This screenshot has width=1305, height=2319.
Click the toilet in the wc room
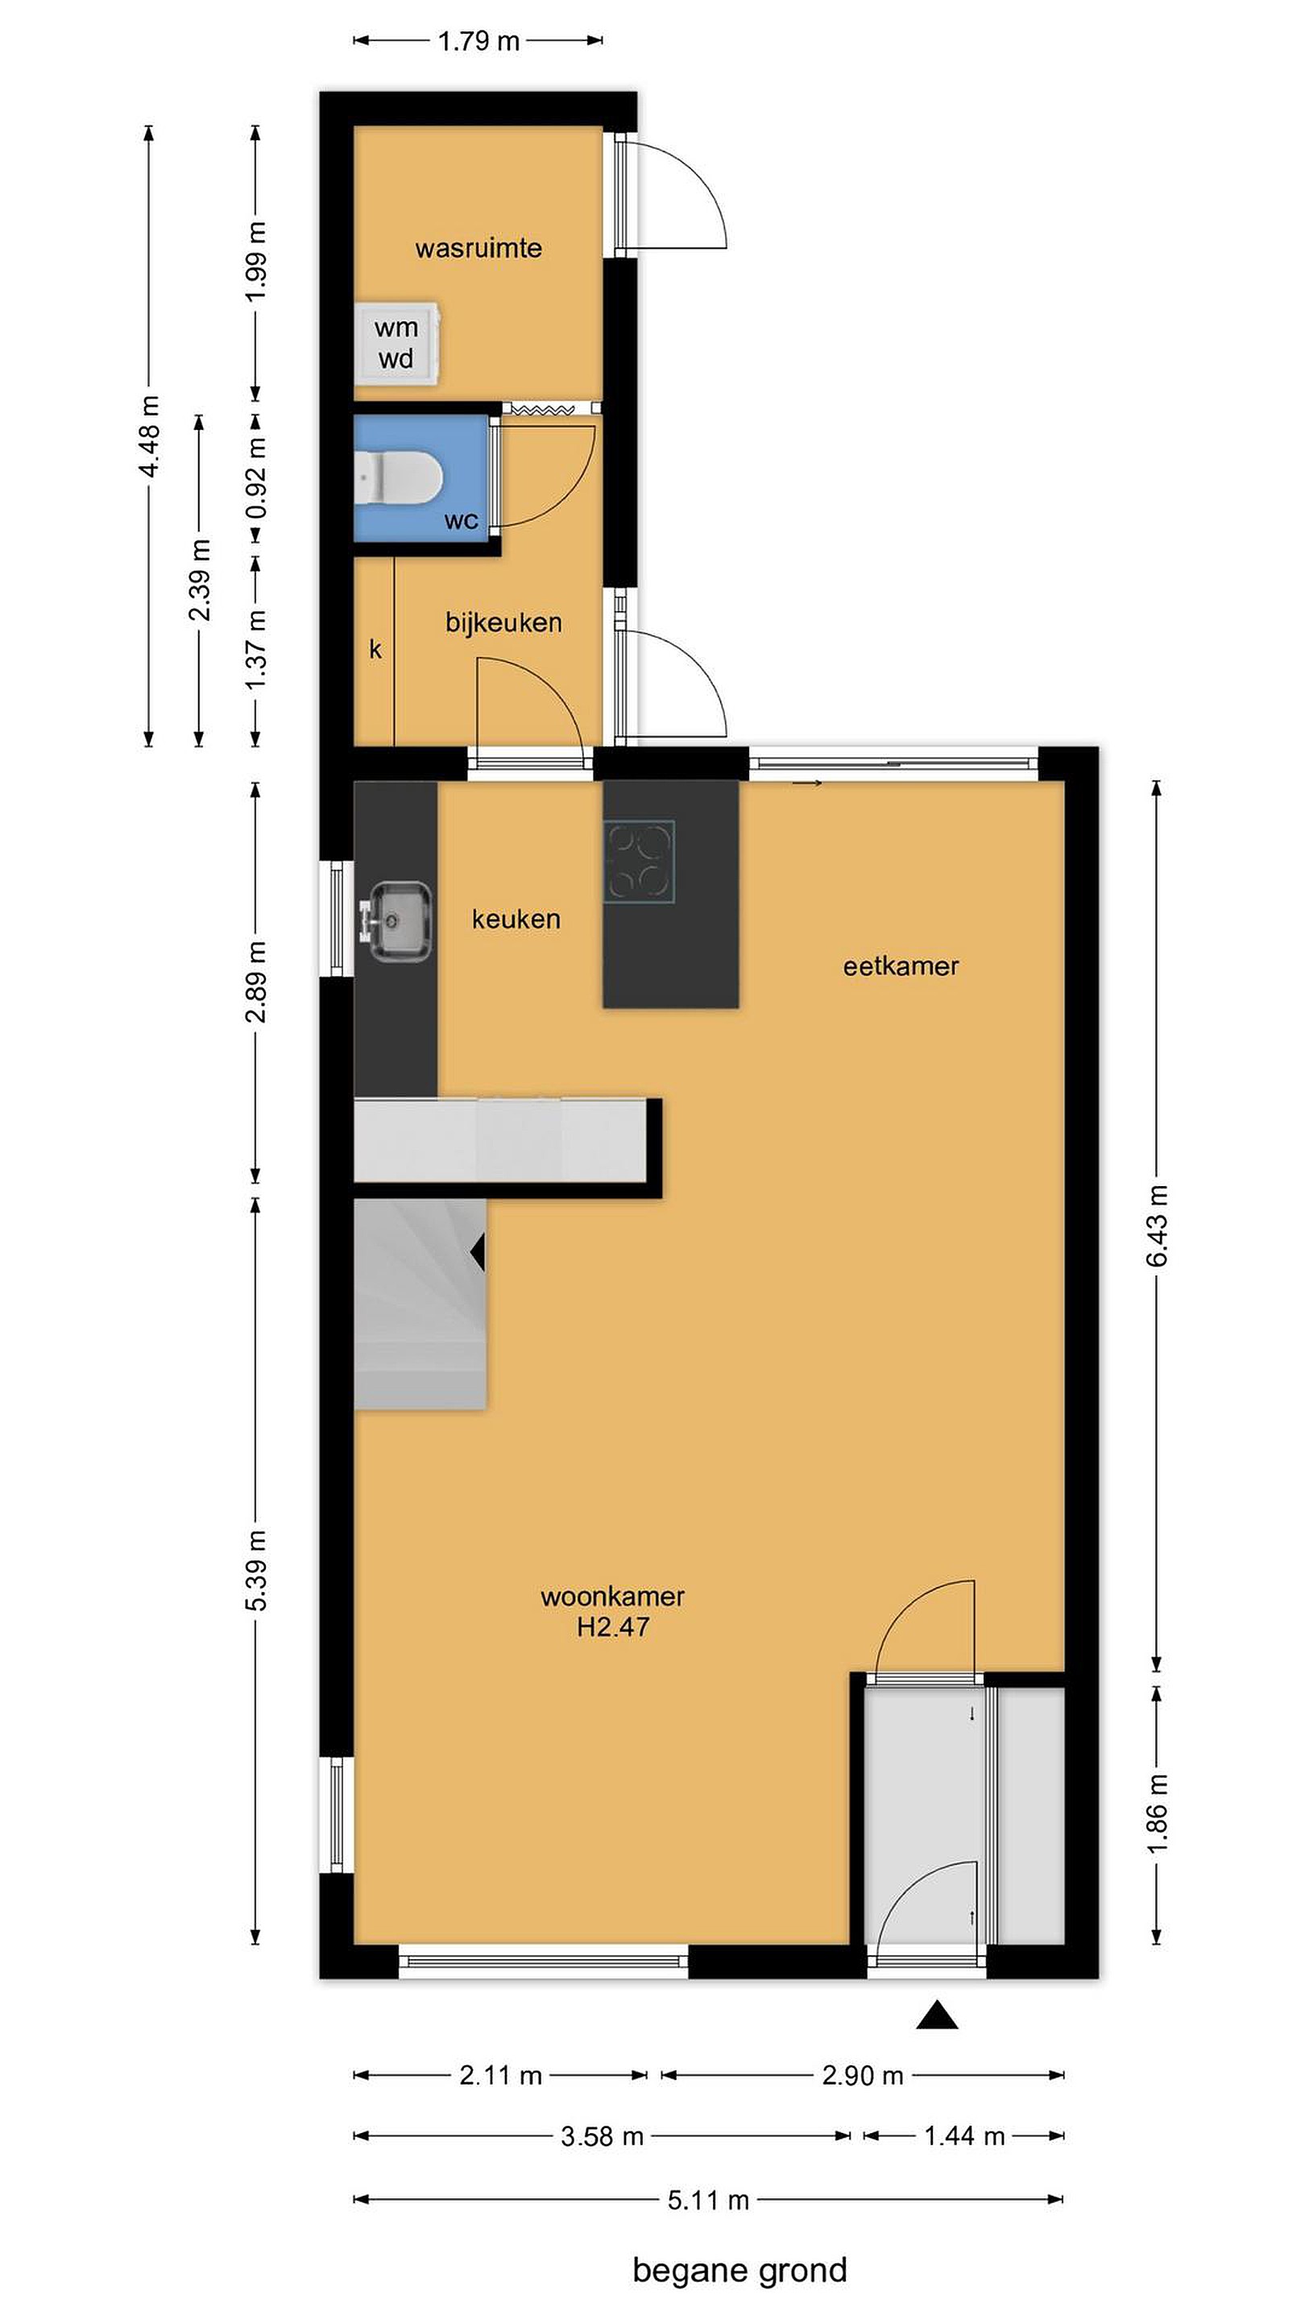coord(397,474)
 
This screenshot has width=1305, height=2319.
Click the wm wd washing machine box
coord(397,343)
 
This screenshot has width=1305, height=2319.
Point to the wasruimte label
coord(478,249)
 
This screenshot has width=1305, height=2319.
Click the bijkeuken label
coord(503,622)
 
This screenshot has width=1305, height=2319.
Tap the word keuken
coord(516,919)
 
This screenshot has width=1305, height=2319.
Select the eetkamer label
coord(901,966)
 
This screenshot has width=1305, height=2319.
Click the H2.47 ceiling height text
coord(612,1627)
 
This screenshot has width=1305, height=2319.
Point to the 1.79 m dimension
coord(478,41)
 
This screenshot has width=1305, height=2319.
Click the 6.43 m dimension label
coord(1158,1226)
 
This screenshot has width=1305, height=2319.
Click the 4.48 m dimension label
coord(150,436)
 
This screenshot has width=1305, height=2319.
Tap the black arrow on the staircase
coord(478,1252)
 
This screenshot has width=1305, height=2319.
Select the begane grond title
coord(739,2270)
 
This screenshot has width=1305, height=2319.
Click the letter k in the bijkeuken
coord(375,648)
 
